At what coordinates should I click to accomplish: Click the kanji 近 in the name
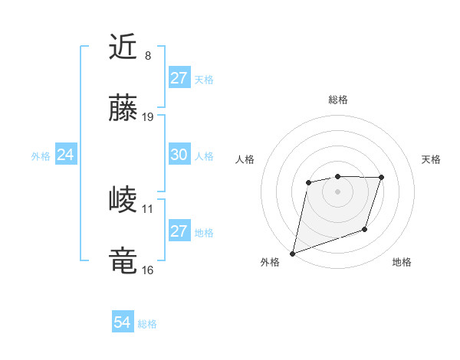pos(123,47)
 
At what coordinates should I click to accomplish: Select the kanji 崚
pos(123,201)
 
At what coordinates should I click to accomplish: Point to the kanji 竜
pos(123,261)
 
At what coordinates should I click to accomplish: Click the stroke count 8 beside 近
pos(148,56)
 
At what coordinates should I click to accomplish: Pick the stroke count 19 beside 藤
pos(148,117)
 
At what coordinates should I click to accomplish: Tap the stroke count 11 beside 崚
pos(148,208)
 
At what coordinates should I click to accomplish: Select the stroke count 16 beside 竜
pos(148,270)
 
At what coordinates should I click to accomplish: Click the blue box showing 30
pos(179,155)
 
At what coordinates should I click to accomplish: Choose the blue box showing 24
pos(66,155)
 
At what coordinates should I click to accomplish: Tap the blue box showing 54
pos(122,323)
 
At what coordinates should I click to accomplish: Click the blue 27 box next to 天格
pos(179,78)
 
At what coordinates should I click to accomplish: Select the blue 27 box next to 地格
pos(179,231)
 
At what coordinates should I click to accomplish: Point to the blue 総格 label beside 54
pos(147,324)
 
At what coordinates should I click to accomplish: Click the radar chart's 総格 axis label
pos(337,100)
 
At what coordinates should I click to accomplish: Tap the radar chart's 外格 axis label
pos(270,262)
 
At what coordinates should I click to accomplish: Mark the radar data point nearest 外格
pos(292,254)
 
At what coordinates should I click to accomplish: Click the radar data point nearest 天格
pos(382,178)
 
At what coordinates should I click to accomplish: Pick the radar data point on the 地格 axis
pos(365,229)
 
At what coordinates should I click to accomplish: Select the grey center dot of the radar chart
pos(337,191)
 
